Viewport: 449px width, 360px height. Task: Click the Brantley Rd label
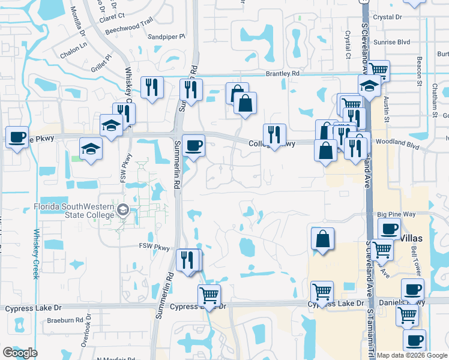coord(282,73)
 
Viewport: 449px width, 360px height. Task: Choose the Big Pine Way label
coord(396,214)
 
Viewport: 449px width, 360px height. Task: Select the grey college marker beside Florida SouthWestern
coord(124,210)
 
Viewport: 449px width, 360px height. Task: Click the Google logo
coord(20,353)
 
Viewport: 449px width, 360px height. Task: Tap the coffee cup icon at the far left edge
coord(17,137)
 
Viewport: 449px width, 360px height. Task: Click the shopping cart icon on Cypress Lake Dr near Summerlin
coord(209,295)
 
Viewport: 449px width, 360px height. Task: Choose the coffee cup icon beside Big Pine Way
coord(389,228)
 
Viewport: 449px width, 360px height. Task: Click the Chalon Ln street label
coord(73,49)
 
